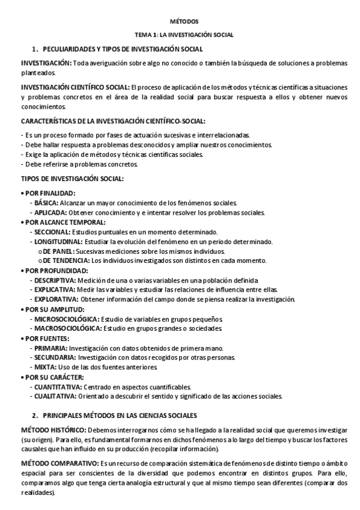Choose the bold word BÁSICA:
coord(46,203)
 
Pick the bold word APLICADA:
coord(50,212)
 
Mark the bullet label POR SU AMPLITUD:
coord(52,309)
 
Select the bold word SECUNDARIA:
coord(53,357)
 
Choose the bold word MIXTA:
coord(45,367)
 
